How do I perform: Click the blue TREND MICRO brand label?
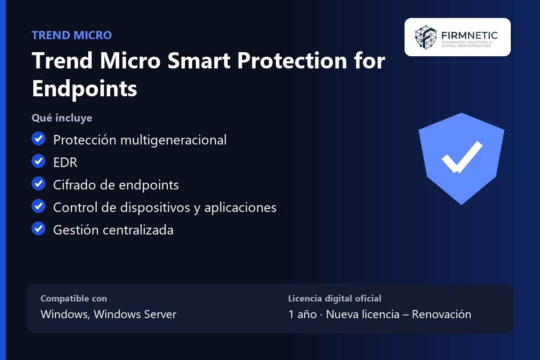(72, 35)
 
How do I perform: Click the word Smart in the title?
(199, 60)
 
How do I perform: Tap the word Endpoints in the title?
(85, 89)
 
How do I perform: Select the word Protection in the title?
(292, 60)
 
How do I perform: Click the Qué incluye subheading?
(62, 118)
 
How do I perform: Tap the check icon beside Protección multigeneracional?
(38, 139)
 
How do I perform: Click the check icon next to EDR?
(38, 161)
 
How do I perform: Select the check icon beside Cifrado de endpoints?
(38, 184)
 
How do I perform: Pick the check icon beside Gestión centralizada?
(38, 228)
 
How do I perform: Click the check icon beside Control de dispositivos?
(38, 206)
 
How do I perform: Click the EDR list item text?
(65, 162)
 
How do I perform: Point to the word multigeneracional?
(173, 140)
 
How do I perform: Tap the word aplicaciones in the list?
(240, 207)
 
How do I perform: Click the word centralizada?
(138, 230)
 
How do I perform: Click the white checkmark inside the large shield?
(462, 157)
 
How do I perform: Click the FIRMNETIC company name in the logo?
(469, 36)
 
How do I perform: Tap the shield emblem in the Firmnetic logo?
(426, 37)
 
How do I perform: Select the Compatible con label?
(74, 298)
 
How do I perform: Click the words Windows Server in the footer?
(135, 314)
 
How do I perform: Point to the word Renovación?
(441, 314)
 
